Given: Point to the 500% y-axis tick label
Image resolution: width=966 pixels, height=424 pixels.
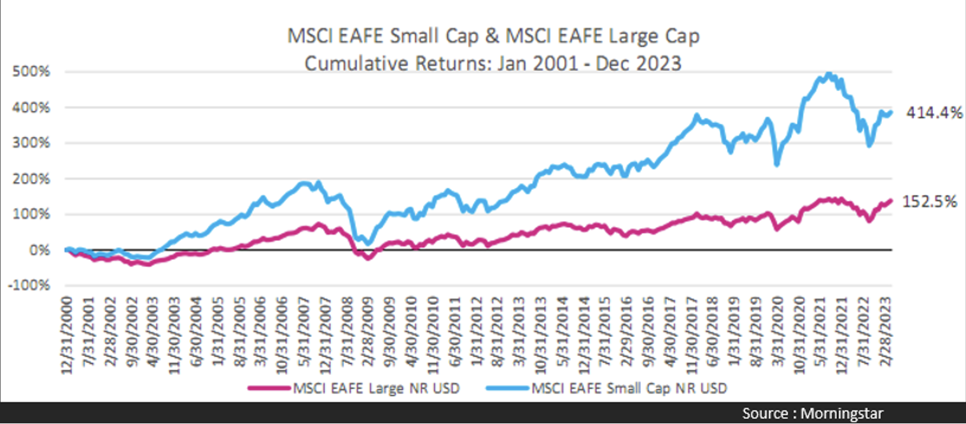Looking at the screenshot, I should point(32,71).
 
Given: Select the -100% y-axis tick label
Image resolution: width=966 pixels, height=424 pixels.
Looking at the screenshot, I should point(31,285).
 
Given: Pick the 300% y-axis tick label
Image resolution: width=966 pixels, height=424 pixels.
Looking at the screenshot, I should point(32,143).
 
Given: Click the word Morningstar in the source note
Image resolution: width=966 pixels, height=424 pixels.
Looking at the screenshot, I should point(843,414).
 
